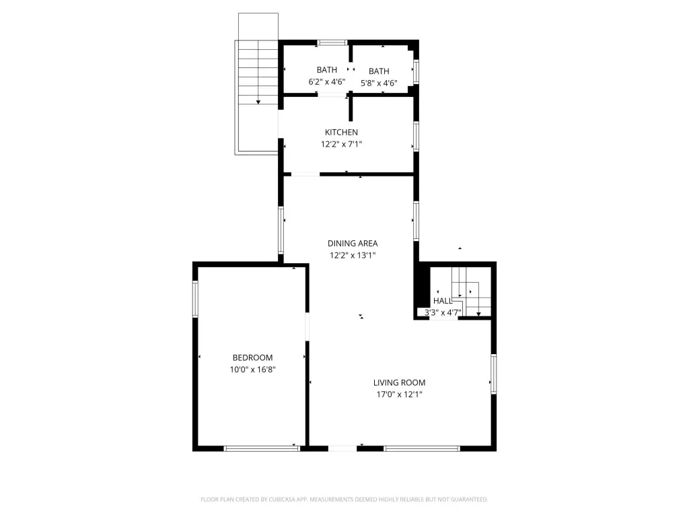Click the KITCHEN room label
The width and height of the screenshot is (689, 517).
(x=341, y=133)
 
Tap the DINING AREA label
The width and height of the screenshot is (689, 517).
(x=353, y=244)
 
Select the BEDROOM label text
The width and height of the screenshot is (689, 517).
(x=253, y=358)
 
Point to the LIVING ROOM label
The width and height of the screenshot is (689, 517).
(x=400, y=383)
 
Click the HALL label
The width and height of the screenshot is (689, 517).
(x=443, y=301)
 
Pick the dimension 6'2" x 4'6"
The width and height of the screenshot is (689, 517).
(x=327, y=81)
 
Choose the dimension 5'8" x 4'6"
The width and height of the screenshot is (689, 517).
(x=379, y=83)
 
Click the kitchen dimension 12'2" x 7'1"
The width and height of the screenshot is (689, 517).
(x=341, y=144)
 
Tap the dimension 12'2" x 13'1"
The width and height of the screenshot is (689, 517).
(x=353, y=255)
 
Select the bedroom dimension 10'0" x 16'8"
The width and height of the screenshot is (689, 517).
(x=253, y=370)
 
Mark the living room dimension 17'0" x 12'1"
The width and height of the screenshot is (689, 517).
(x=400, y=394)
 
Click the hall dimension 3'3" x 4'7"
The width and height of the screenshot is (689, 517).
(x=443, y=313)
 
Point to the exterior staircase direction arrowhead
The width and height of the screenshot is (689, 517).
(x=258, y=102)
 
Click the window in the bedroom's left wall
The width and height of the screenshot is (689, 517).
(x=196, y=299)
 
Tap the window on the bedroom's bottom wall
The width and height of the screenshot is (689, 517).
(x=262, y=448)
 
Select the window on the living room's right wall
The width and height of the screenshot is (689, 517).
(x=493, y=374)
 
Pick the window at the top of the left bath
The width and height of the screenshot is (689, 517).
(x=332, y=42)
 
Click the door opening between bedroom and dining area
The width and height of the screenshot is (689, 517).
(x=307, y=326)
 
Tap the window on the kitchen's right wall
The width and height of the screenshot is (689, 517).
(x=416, y=136)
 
